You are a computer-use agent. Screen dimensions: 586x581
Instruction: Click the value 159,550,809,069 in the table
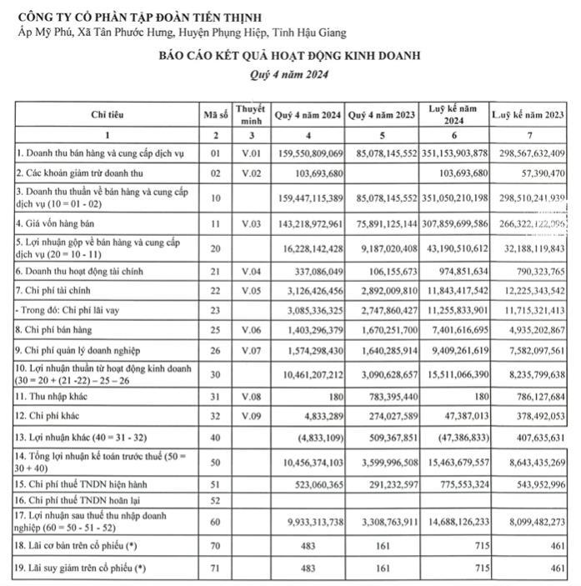308,154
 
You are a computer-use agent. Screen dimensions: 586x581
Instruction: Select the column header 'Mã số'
215,115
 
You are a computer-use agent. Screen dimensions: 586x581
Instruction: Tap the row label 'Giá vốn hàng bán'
57,224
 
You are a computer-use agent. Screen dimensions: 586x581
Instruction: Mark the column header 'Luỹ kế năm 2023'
528,115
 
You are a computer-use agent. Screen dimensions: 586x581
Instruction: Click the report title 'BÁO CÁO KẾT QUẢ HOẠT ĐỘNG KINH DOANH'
291,57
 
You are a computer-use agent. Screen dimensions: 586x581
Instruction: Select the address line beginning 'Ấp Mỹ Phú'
182,33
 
